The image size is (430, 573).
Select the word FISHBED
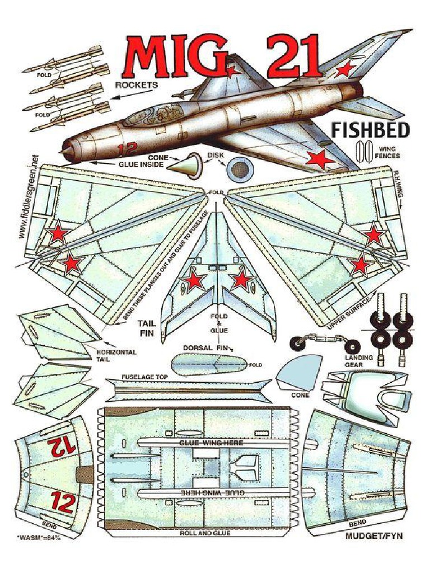[370, 130]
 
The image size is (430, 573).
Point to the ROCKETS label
[137, 85]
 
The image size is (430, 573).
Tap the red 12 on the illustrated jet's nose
[126, 149]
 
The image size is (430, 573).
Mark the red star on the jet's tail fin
[345, 69]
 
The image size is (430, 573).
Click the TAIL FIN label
[147, 328]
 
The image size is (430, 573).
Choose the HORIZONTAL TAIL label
[117, 356]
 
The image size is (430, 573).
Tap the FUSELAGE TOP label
[144, 377]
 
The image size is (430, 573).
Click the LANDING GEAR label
[354, 360]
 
